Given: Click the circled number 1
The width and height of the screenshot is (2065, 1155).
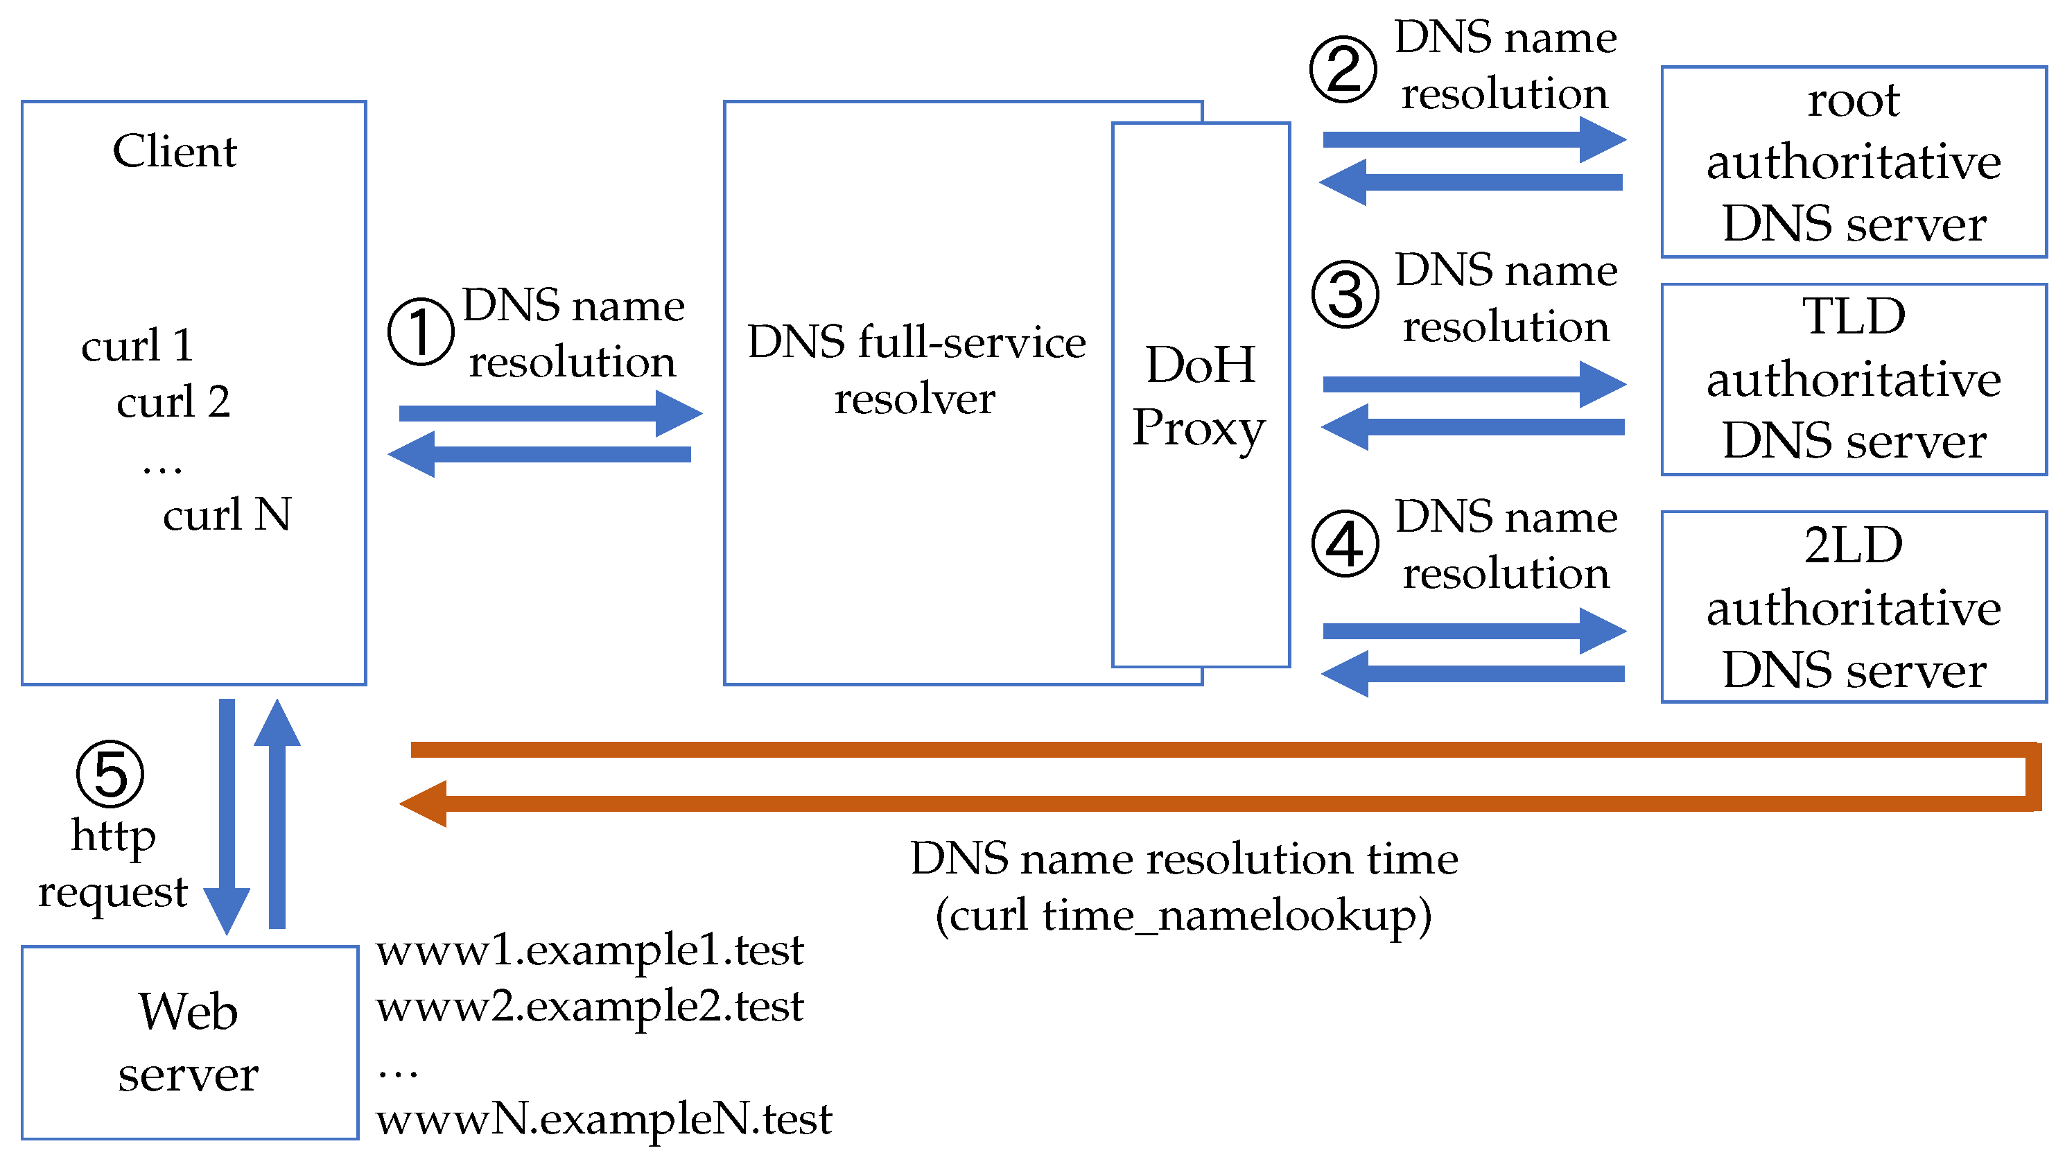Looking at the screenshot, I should pos(421,332).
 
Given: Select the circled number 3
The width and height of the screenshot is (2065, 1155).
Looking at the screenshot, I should pos(1345,294).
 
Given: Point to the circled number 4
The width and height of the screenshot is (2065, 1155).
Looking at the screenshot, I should pos(1345,544).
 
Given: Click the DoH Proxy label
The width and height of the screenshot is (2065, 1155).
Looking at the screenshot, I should pos(1199,395).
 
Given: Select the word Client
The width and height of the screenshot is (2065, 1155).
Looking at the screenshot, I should pos(175,152).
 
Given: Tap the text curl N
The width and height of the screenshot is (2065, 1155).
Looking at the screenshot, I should pos(227,514).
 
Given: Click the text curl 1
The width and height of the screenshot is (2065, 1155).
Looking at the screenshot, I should pos(137,345).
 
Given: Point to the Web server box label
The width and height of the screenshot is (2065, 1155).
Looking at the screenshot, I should pos(189,1041).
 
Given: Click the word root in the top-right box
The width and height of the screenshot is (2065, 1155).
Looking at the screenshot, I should pos(1853,101).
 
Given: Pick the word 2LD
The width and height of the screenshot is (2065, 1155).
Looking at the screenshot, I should pos(1853,545).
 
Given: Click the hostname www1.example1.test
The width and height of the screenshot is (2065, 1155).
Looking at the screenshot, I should pos(589,950).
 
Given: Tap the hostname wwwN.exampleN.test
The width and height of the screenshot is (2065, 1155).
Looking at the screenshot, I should pos(604,1119).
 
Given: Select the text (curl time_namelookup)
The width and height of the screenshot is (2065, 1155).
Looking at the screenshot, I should pos(1183,914).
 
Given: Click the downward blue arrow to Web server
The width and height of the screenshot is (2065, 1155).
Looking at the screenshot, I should pos(227,817).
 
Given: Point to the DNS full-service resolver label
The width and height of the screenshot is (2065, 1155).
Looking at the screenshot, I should pos(916,370).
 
